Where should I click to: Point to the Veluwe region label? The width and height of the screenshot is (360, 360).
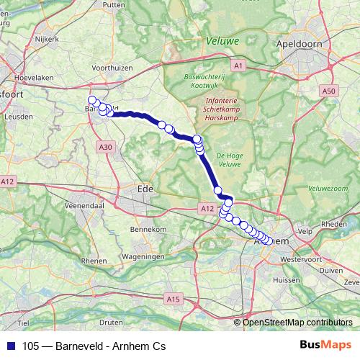222,42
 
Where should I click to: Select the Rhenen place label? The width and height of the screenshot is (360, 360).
94,261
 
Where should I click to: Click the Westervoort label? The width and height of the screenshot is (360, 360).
300,257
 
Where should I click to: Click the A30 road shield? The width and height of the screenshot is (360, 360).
107,147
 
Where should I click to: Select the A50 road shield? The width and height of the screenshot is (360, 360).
329,91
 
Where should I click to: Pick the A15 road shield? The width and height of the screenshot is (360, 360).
172,297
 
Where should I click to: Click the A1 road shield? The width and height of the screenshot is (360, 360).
240,66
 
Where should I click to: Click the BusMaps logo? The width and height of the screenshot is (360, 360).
325,346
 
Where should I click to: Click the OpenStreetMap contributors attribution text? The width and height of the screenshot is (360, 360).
297,322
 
